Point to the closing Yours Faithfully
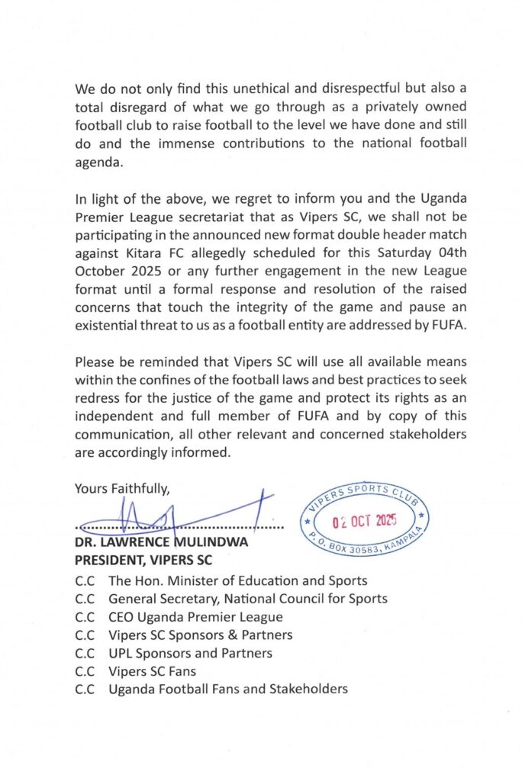coord(122,488)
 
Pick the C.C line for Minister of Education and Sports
coord(221,580)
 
